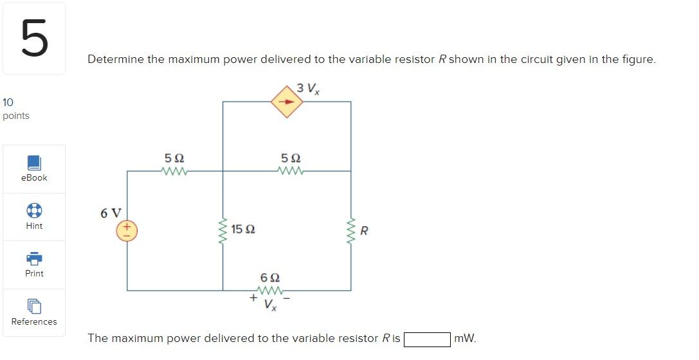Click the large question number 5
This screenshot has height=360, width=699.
coord(34,38)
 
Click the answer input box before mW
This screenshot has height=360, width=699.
coord(426,339)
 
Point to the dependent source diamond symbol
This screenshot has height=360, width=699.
coord(287,102)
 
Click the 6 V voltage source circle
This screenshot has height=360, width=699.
coord(126,230)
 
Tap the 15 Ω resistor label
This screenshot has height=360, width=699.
coord(243,229)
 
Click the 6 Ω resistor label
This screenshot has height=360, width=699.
coord(270,278)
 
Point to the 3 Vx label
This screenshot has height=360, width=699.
coord(309,88)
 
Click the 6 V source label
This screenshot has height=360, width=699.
coord(111,213)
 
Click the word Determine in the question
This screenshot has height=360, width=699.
coord(114,59)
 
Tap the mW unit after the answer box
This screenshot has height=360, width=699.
coord(465,338)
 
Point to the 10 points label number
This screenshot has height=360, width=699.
coord(8,102)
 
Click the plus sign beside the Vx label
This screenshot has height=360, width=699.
coord(254,298)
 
